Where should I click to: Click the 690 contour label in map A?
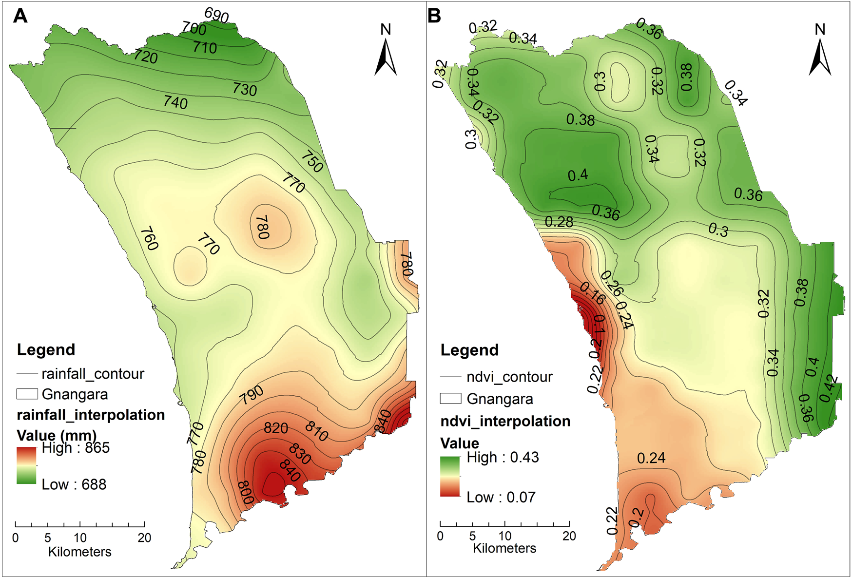click(x=216, y=15)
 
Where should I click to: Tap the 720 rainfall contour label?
click(x=146, y=57)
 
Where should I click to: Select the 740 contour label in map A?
click(x=175, y=102)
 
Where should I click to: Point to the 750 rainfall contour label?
click(x=312, y=162)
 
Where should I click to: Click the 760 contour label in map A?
click(x=150, y=239)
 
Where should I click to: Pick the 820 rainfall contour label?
click(x=276, y=428)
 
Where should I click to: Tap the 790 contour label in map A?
click(x=252, y=395)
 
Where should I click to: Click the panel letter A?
click(x=20, y=16)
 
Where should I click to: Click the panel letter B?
click(x=434, y=16)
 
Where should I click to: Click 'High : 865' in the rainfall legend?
click(x=76, y=448)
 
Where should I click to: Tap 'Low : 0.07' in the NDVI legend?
click(x=501, y=497)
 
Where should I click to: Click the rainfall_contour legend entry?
click(x=93, y=374)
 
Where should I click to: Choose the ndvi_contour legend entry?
click(x=509, y=377)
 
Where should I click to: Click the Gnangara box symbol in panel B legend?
click(x=450, y=398)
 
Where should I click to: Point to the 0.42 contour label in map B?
click(x=829, y=388)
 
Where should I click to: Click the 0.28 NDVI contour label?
click(x=559, y=222)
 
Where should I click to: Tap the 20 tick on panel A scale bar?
click(x=144, y=538)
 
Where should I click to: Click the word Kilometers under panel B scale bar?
click(x=504, y=548)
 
